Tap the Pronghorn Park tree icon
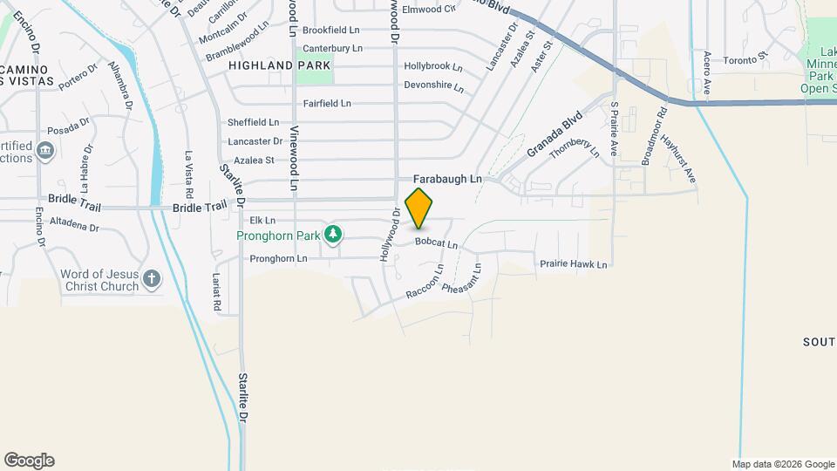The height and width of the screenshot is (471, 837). pos(332,234)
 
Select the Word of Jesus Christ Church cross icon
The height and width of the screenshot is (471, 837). pos(152,279)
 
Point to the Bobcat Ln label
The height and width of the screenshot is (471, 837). pos(436,243)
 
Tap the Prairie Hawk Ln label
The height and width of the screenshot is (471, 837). pos(573,263)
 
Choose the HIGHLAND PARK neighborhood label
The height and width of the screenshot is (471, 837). pos(280,65)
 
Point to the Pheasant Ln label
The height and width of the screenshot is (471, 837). pos(462,278)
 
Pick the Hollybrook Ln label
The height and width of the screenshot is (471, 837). pos(432,66)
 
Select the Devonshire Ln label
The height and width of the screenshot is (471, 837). pos(433,85)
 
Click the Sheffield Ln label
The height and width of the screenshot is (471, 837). pos(253,122)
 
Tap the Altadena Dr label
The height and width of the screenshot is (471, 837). pos(75,227)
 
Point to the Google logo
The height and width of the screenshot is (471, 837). pos(29,461)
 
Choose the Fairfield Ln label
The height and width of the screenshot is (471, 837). pos(327,103)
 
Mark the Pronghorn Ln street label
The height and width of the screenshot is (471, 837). pos(278,258)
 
